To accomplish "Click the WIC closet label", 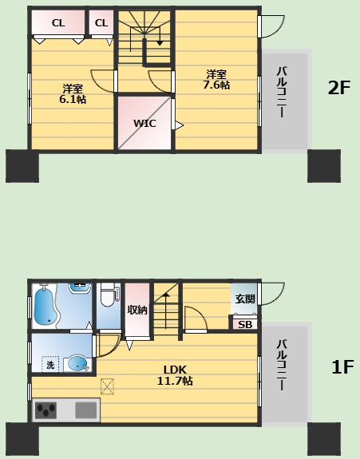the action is click(144, 123).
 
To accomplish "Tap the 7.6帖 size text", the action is click(216, 85).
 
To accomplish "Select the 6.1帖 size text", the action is click(73, 99).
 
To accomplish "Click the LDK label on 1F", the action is click(175, 370).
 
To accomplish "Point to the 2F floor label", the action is click(339, 87).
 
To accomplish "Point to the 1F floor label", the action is click(342, 366).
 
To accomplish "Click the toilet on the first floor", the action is click(108, 295).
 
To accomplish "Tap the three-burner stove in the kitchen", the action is click(46, 410).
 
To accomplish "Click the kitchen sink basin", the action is click(85, 410).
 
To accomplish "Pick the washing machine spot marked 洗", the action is click(50, 365).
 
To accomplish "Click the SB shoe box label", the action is click(245, 325).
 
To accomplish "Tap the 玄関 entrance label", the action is click(245, 299).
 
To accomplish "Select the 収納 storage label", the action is click(137, 310).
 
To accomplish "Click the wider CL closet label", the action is click(58, 23).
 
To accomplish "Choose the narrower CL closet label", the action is click(101, 23).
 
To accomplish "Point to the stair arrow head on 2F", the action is click(160, 43).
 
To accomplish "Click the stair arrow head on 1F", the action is click(166, 295).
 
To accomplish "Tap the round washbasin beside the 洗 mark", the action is click(78, 363).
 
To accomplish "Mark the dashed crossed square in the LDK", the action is click(107, 386).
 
